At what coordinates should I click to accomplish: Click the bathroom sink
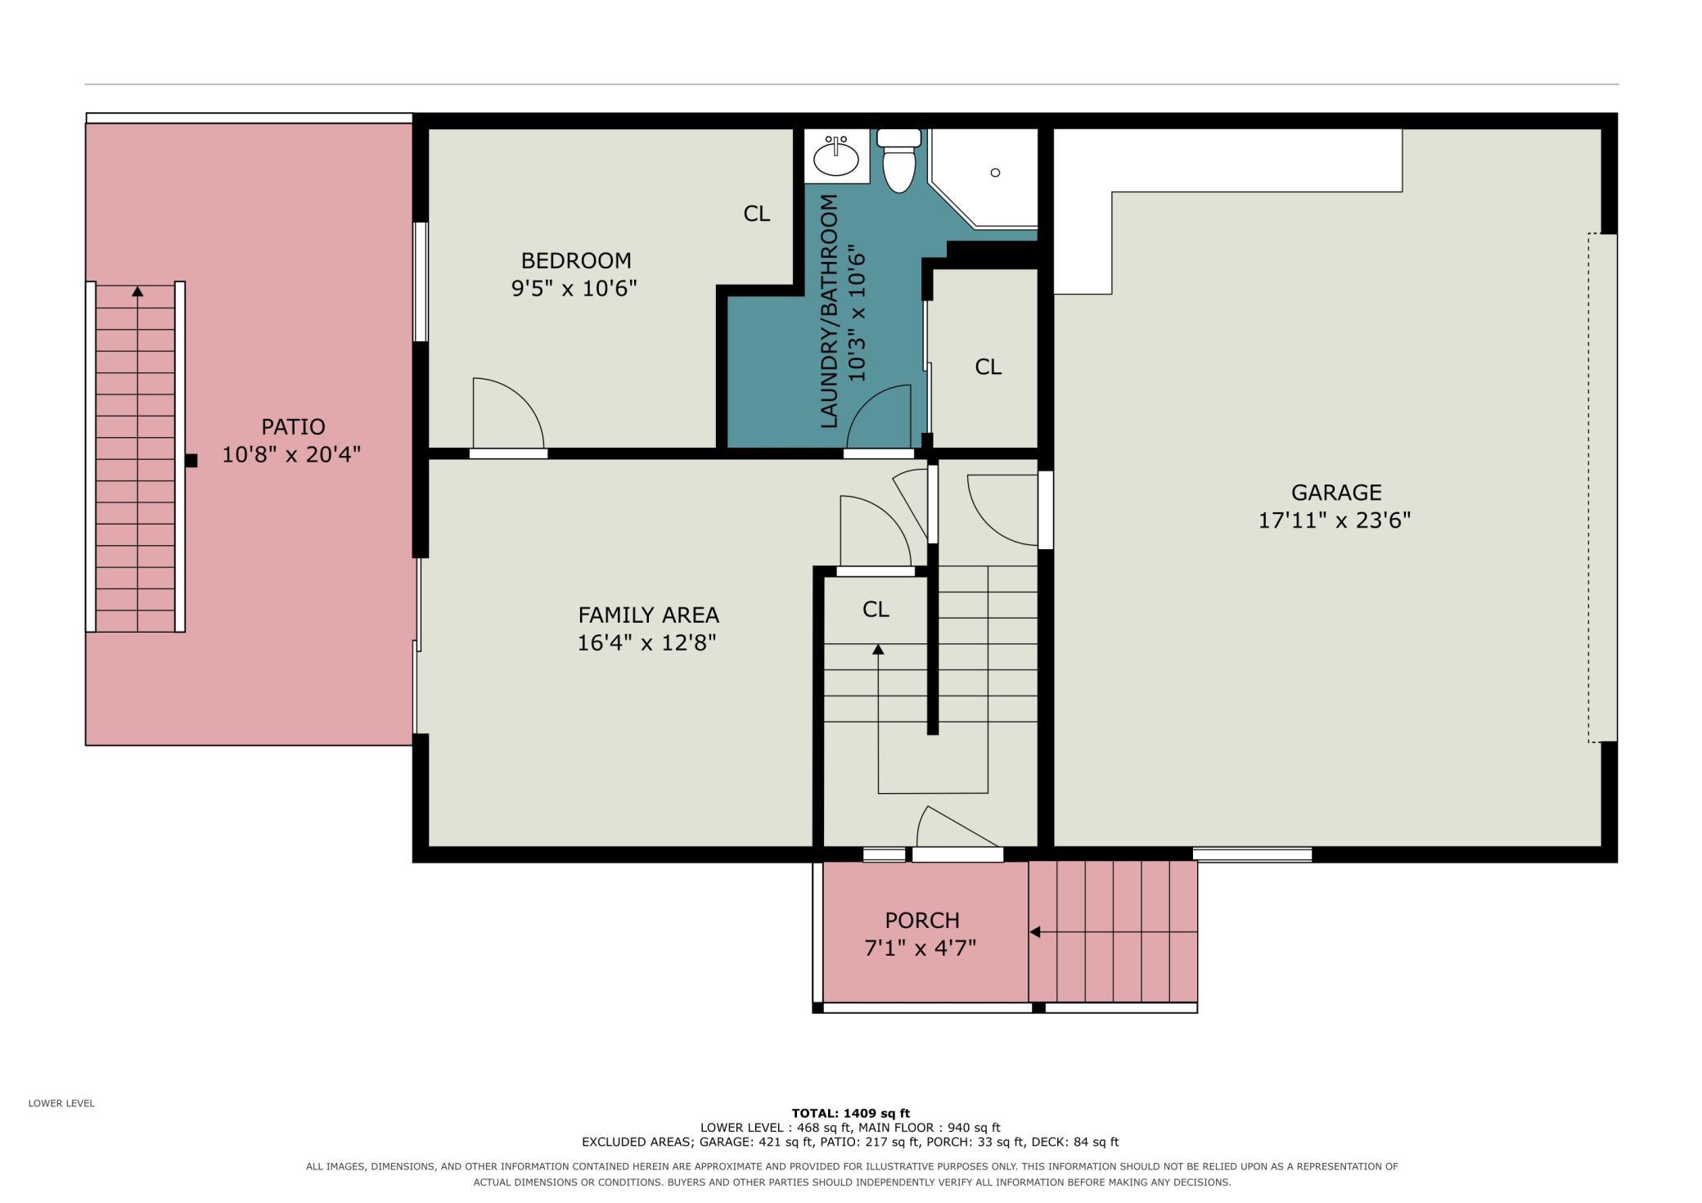836,156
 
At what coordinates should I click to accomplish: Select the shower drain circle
995,173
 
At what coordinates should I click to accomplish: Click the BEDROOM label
576,261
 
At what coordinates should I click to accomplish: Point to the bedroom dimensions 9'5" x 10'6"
574,289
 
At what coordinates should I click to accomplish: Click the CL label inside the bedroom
757,214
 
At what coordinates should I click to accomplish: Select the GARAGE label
1336,493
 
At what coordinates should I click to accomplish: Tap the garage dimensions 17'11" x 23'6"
1335,520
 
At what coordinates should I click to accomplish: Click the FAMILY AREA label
648,615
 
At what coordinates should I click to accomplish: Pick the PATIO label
293,427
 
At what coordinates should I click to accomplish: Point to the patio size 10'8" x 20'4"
291,455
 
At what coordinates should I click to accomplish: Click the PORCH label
922,921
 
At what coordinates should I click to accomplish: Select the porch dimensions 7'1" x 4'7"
921,948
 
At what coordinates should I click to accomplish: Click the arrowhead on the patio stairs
137,291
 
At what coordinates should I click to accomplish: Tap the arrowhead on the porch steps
1034,932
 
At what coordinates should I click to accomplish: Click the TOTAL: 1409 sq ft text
850,1113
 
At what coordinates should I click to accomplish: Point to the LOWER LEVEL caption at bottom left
61,1103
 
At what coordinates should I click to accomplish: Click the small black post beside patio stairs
191,461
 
